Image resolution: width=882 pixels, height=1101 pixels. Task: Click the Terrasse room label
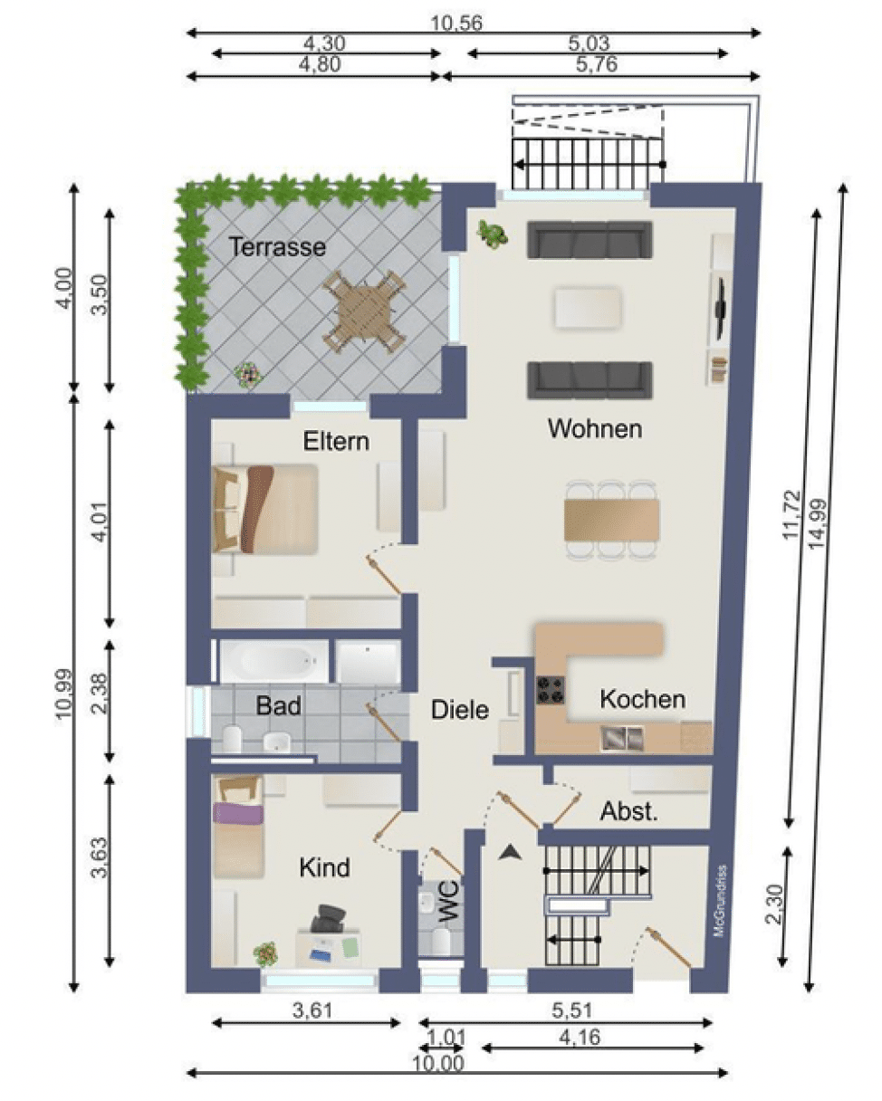click(277, 247)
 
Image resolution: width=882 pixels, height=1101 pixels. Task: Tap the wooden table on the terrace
click(364, 311)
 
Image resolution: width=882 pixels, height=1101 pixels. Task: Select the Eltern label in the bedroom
click(336, 441)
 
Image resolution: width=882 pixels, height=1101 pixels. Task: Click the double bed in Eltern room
click(265, 509)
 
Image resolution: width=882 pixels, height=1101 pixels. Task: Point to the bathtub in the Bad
click(273, 662)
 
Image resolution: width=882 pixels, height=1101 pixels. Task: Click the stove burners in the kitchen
click(551, 691)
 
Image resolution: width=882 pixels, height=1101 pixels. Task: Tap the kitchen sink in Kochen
click(622, 738)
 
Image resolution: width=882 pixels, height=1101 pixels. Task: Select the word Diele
click(459, 710)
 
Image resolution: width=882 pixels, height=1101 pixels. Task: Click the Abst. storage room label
click(628, 811)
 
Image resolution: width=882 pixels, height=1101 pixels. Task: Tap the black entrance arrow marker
click(510, 852)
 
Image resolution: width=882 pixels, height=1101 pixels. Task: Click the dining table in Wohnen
click(612, 520)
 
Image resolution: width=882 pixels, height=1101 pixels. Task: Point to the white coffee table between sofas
click(589, 308)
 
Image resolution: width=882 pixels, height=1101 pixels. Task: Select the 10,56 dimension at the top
click(455, 24)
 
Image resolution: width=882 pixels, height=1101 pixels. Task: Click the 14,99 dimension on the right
click(818, 524)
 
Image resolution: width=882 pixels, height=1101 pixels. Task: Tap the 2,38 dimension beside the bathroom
click(101, 694)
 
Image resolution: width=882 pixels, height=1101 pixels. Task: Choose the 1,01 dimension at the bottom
click(446, 1039)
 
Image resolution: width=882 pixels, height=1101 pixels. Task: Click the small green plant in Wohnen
click(492, 235)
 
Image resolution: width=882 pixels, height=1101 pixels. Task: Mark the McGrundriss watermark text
click(721, 900)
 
